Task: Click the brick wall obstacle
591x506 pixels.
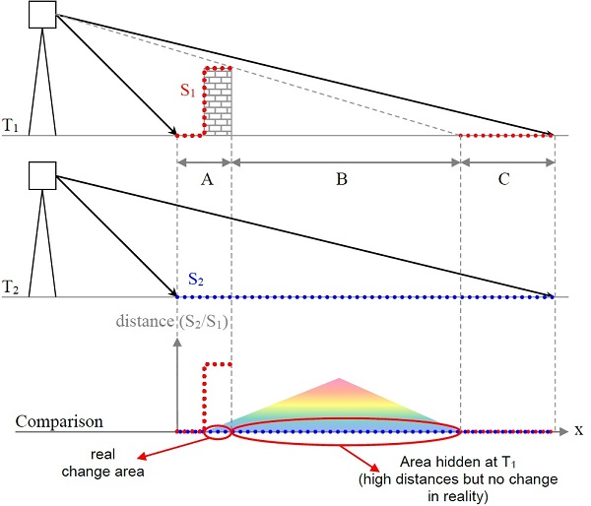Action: coord(219,102)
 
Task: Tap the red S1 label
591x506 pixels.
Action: coord(188,91)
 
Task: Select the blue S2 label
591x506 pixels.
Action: coord(195,281)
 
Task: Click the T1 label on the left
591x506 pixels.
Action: coord(12,126)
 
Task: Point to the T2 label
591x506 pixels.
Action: coord(12,287)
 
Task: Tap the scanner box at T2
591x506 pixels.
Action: coord(43,174)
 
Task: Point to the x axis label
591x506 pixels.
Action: coord(579,431)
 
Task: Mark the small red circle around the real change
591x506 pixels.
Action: coord(217,431)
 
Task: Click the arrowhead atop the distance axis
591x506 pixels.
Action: coord(177,343)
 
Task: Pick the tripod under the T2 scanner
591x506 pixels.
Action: coord(43,246)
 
